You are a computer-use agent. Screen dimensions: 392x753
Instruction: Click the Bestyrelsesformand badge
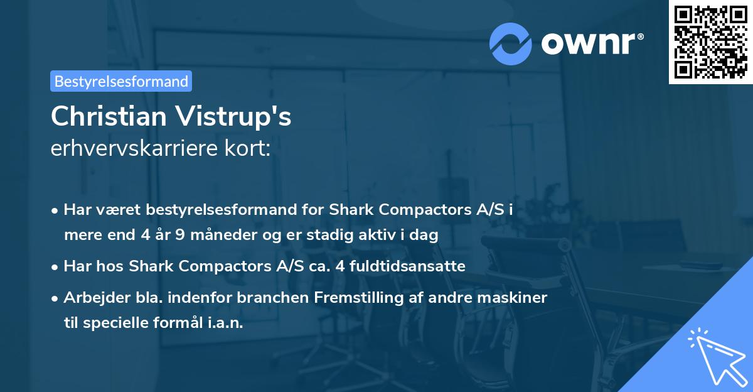pos(121,81)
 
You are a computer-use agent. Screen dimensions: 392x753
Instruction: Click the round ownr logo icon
pos(511,43)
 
